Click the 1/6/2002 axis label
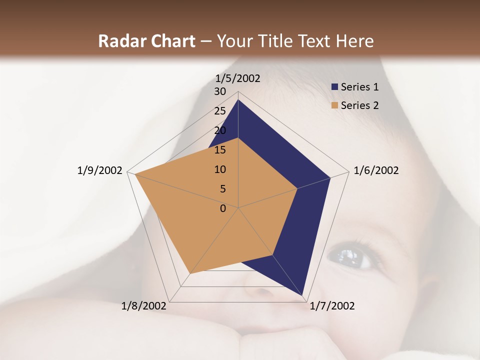376,170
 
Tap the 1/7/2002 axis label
332,306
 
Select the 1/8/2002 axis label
144,306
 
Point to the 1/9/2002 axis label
100,170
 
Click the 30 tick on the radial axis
220,91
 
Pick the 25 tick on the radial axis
220,111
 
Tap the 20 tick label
220,130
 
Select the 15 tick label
220,150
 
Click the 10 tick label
220,169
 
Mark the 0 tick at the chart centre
223,208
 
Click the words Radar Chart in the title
146,41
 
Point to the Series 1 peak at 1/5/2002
238,100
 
